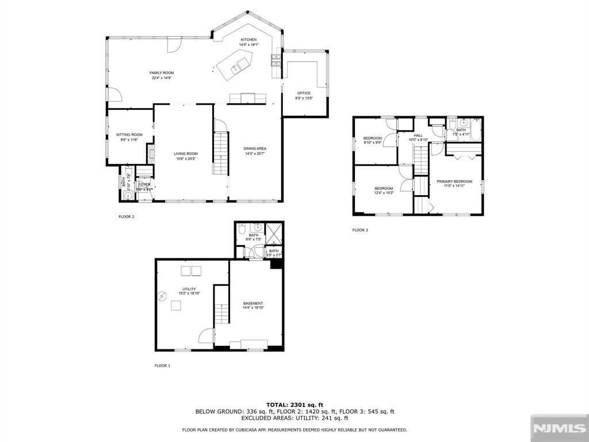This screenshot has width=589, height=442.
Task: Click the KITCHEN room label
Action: (x=248, y=40)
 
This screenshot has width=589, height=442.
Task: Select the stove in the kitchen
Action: (x=276, y=60)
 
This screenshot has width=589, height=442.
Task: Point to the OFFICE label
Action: (x=304, y=93)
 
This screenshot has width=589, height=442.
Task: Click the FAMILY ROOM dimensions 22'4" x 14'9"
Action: (x=162, y=78)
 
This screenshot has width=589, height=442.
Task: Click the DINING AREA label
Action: (x=255, y=148)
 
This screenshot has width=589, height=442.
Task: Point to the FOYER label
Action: (x=144, y=185)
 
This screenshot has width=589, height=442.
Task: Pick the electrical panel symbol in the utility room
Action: (x=163, y=296)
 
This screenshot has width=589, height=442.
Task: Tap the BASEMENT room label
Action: (x=253, y=303)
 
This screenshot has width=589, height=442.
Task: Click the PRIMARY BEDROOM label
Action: (x=454, y=181)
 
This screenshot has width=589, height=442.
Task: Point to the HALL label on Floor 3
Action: (x=418, y=135)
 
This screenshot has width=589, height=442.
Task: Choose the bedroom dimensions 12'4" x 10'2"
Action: (x=384, y=193)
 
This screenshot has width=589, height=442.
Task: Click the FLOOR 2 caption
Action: (x=126, y=217)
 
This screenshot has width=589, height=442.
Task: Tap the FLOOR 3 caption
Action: (x=360, y=230)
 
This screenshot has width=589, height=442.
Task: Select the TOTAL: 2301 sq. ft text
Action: (x=294, y=405)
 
